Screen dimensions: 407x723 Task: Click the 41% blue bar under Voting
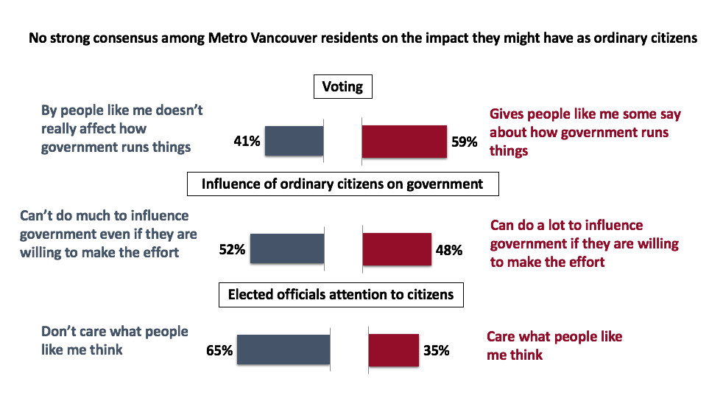[x=294, y=140]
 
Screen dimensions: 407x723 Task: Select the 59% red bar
[x=404, y=140]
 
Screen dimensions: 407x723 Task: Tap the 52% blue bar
[x=286, y=248]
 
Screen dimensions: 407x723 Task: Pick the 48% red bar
[x=397, y=248]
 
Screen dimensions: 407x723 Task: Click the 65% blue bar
[x=283, y=350]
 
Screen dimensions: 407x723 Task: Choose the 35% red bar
[x=392, y=350]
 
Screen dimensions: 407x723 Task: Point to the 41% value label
[x=247, y=141]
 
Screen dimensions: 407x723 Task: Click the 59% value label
[x=464, y=141]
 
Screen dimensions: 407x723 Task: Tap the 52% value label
[x=231, y=249]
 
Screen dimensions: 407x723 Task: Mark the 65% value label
[x=219, y=351]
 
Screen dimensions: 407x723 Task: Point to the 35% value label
[x=436, y=351]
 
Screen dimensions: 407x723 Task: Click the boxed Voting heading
[x=342, y=87]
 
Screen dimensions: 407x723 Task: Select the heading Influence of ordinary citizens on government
[x=342, y=184]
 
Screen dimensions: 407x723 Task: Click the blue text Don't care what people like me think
[x=115, y=340]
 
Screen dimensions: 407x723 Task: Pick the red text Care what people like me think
[x=554, y=345]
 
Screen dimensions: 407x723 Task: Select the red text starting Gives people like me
[x=585, y=132]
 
